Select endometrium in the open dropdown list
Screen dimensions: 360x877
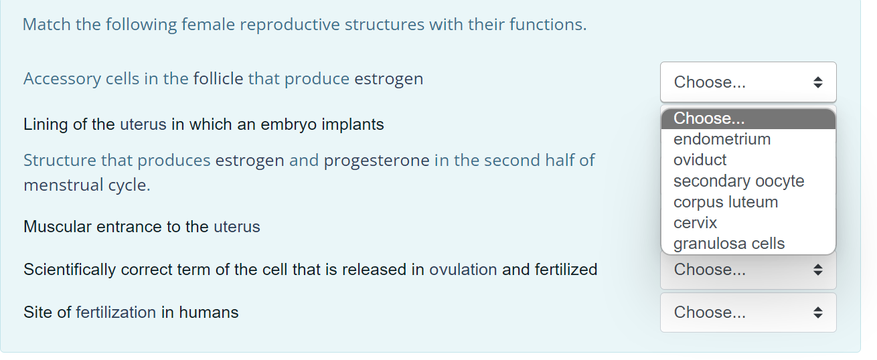(722, 139)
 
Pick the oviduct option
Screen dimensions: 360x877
(700, 160)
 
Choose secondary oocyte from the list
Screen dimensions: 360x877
(738, 181)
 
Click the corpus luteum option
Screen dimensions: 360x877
(726, 202)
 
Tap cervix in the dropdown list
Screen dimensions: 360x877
(695, 223)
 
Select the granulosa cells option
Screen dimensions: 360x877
(729, 244)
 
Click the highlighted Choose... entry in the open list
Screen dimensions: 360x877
(709, 118)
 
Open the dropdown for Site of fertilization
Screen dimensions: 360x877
(748, 312)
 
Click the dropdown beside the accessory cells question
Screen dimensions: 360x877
(748, 82)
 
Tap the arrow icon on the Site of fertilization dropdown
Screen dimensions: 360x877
(817, 312)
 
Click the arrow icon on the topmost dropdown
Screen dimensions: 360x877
(817, 82)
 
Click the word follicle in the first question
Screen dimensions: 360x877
(218, 79)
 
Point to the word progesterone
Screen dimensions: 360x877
(376, 161)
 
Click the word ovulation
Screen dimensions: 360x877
(463, 270)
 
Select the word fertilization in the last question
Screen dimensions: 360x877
(116, 312)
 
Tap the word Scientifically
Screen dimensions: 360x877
(70, 270)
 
